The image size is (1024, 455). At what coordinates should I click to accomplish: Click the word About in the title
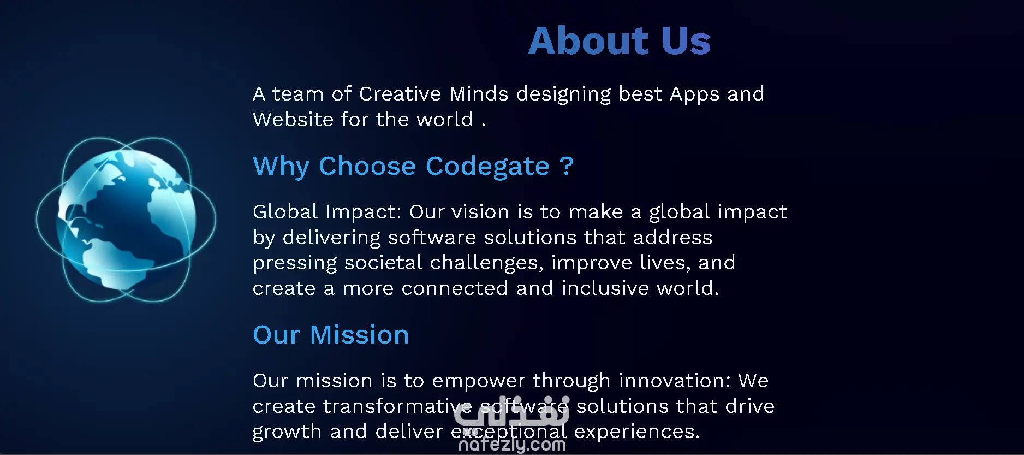588,41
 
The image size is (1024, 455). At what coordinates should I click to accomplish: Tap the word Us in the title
686,41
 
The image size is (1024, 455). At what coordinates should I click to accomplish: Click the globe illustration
126,219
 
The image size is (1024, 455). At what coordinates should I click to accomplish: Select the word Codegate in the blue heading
487,166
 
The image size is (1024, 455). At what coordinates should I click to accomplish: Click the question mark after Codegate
567,166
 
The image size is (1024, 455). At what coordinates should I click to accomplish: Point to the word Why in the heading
281,166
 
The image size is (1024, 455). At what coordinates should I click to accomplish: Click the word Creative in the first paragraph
400,94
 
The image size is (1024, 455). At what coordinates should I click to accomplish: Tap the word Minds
479,94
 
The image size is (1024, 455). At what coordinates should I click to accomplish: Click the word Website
293,120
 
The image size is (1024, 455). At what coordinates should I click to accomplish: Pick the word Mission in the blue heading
359,335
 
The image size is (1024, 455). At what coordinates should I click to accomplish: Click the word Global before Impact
285,212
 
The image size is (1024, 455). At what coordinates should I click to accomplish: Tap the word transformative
397,406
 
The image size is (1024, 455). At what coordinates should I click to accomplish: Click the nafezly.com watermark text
512,445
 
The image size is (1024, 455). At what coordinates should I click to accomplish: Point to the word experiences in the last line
637,432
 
